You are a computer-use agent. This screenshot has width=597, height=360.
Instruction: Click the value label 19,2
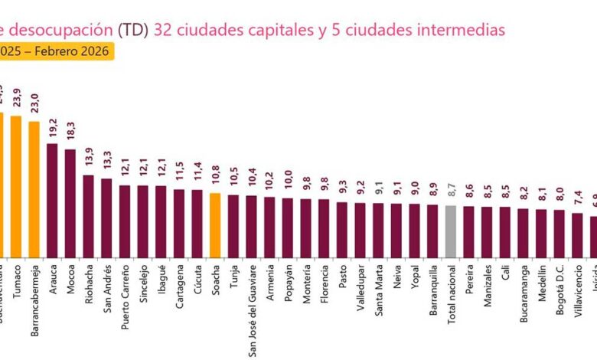coord(53,127)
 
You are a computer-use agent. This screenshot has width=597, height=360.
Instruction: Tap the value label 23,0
coord(34,103)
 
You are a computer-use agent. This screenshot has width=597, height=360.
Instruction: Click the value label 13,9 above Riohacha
coord(89,159)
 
